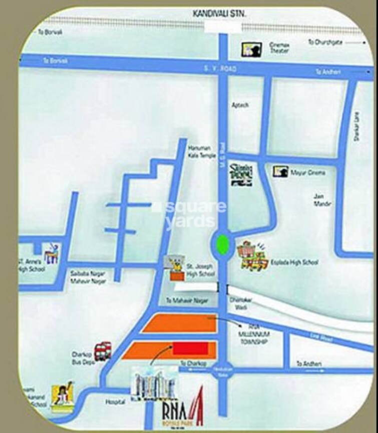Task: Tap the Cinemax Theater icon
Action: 249,49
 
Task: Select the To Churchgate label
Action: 325,43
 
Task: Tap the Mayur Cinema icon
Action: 280,172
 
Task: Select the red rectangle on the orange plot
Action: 190,348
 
